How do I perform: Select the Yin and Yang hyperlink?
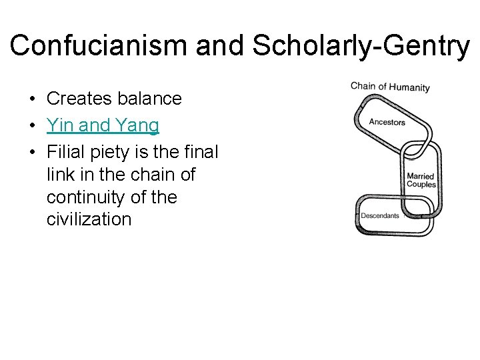pyautogui.click(x=103, y=125)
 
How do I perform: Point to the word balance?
pyautogui.click(x=150, y=99)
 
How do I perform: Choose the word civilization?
pyautogui.click(x=89, y=219)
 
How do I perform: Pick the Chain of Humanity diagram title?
pyautogui.click(x=390, y=87)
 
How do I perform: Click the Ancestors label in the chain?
pyautogui.click(x=387, y=122)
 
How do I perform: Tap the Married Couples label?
pyautogui.click(x=421, y=181)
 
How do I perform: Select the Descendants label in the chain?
pyautogui.click(x=380, y=215)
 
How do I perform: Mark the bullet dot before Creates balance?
pyautogui.click(x=32, y=99)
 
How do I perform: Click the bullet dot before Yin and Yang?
pyautogui.click(x=32, y=126)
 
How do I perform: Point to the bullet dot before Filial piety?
pyautogui.click(x=32, y=153)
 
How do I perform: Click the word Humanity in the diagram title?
pyautogui.click(x=409, y=87)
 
